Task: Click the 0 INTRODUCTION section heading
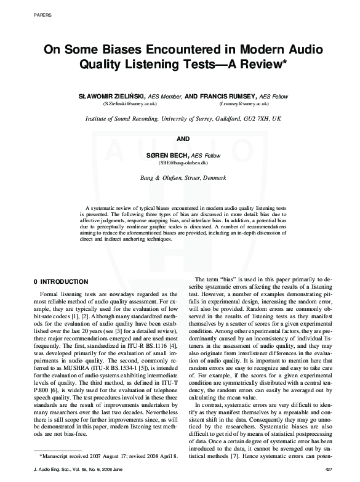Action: pyautogui.click(x=62, y=281)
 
